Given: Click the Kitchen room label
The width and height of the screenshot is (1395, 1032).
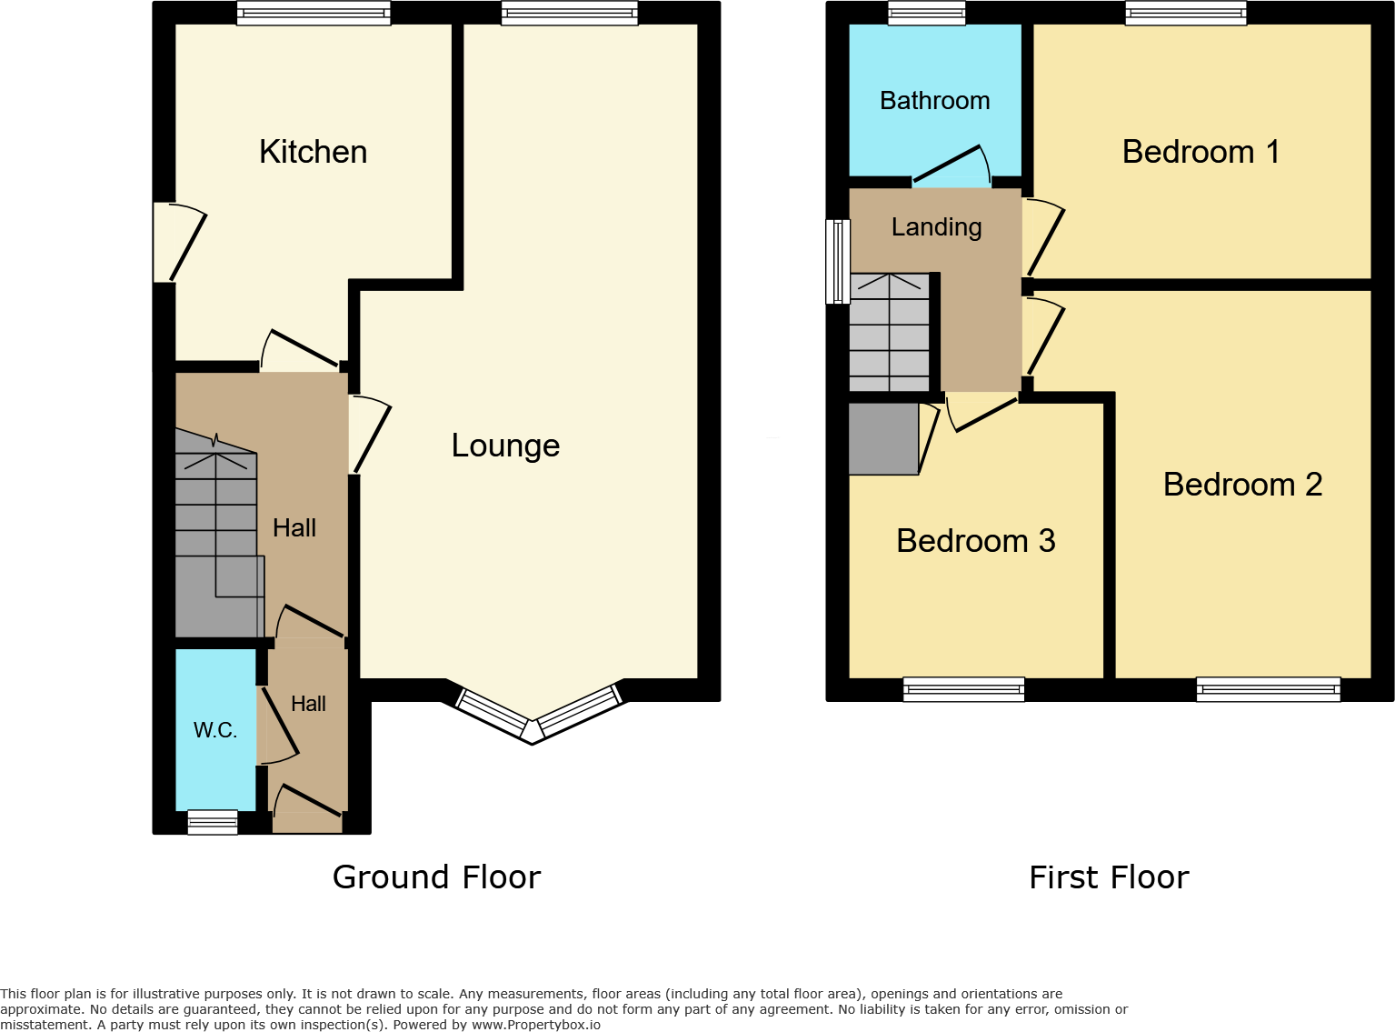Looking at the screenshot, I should tap(314, 152).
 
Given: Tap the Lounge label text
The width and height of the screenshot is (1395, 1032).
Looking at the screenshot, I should tap(505, 446).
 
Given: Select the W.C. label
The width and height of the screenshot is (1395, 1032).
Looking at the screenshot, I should tap(214, 730).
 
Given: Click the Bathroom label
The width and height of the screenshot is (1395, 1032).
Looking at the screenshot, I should tap(934, 101).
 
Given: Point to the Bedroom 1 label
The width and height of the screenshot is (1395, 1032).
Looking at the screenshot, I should tap(1201, 152).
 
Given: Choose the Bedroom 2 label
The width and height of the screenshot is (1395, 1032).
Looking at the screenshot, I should tap(1242, 485).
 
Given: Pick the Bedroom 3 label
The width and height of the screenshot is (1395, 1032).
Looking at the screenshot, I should tap(975, 541).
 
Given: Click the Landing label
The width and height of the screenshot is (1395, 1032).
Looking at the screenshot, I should tap(936, 227).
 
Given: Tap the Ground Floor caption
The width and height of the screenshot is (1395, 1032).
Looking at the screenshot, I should tap(436, 877).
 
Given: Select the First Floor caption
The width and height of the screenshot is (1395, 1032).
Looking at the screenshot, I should tap(1109, 877).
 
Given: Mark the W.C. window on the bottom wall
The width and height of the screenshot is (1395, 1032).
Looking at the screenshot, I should tap(213, 822).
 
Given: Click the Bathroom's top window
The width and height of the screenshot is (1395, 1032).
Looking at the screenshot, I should tap(926, 13).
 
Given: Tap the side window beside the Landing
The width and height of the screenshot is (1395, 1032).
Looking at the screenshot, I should tap(837, 261).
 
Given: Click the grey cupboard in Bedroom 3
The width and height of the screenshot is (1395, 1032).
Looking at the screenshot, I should tap(882, 439).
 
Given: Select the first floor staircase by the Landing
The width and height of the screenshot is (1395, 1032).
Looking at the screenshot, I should tap(889, 333).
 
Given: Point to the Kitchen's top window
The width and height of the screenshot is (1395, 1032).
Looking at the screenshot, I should tap(314, 13).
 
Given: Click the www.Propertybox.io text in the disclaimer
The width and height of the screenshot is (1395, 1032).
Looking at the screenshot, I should tap(535, 1025).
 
